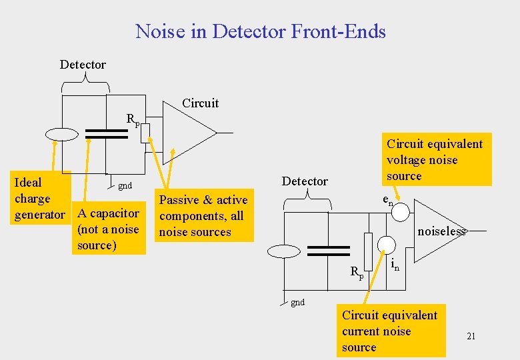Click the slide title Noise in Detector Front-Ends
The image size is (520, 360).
click(x=260, y=31)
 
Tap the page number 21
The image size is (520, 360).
click(x=471, y=336)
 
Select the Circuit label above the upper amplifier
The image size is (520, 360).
click(x=200, y=103)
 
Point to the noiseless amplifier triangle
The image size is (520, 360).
click(x=437, y=231)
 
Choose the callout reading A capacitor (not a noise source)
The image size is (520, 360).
click(x=108, y=229)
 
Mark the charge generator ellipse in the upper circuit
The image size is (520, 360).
click(x=62, y=134)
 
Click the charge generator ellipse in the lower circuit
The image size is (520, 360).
click(x=284, y=251)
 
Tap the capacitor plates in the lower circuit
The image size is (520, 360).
click(x=329, y=250)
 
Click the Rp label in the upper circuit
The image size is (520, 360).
click(x=133, y=120)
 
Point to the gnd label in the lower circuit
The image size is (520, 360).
click(x=297, y=302)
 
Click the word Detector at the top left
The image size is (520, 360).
click(x=83, y=65)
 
